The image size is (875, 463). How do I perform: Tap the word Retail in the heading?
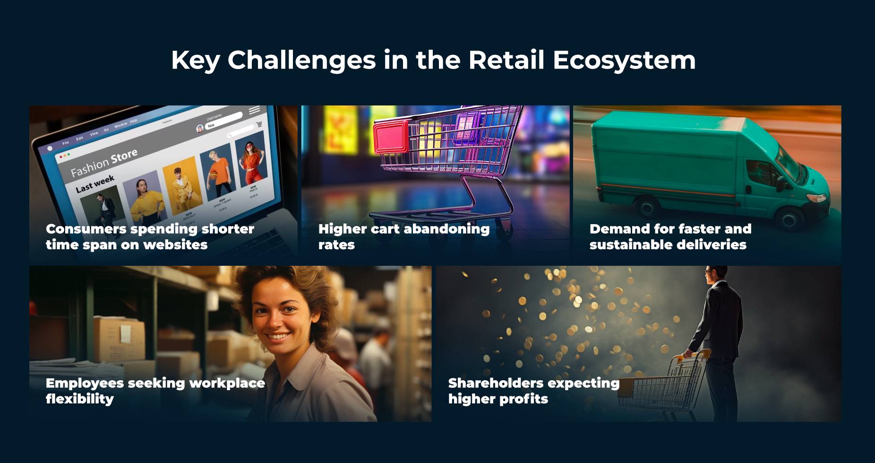(x=506, y=60)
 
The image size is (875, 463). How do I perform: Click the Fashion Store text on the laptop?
(x=104, y=163)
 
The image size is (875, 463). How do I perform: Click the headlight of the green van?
(x=816, y=197)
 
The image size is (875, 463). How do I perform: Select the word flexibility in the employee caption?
(x=80, y=399)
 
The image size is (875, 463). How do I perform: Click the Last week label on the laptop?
(x=95, y=183)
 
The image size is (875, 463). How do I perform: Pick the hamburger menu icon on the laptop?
(x=254, y=110)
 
